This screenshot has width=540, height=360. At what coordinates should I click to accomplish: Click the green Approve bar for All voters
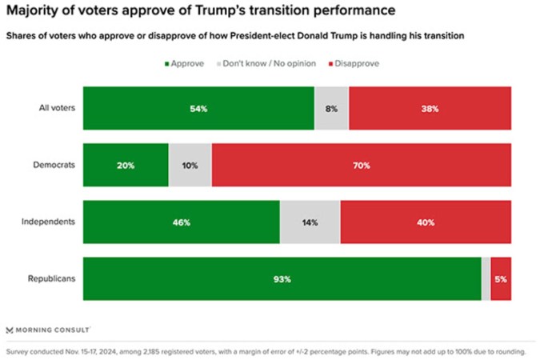(198, 108)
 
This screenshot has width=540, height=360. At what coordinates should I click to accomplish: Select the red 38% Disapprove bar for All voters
(430, 108)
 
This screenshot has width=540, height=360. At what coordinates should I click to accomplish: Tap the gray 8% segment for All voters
(331, 108)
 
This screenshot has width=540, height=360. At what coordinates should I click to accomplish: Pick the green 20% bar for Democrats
(126, 165)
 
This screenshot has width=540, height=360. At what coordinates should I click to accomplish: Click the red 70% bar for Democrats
(361, 165)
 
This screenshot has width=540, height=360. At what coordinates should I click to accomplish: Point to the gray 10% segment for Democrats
(190, 165)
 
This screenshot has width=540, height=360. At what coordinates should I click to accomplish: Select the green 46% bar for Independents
(181, 222)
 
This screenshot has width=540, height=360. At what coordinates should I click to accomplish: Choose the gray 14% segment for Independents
(310, 222)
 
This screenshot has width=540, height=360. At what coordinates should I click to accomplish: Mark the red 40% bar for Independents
(426, 222)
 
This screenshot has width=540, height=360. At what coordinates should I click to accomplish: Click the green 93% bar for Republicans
(282, 279)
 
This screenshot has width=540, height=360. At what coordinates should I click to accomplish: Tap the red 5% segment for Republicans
(501, 279)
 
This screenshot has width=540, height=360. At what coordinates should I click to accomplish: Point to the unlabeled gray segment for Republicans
(486, 279)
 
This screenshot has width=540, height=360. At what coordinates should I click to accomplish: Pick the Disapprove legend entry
(352, 63)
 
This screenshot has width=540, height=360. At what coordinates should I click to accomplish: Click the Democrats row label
(54, 165)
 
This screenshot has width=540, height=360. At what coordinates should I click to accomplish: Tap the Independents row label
(50, 222)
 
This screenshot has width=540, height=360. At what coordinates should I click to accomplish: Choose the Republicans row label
(51, 279)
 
